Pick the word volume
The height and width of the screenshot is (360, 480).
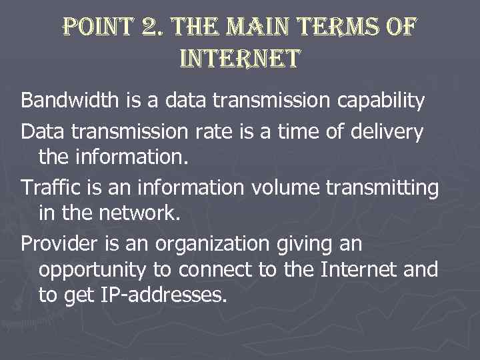click(x=286, y=189)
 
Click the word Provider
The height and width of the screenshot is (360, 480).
click(x=53, y=245)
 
